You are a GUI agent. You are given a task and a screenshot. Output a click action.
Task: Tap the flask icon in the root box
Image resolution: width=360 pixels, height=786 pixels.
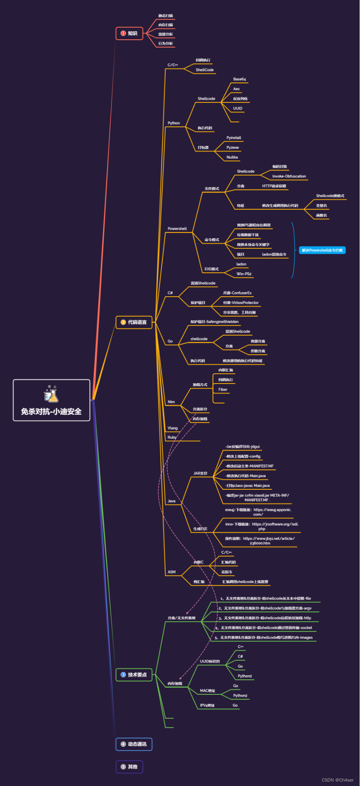coord(51,394)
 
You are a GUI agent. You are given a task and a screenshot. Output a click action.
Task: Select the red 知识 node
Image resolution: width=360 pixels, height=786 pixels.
coord(129,34)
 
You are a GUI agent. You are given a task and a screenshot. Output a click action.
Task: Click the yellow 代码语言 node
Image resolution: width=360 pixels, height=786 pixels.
coord(134,322)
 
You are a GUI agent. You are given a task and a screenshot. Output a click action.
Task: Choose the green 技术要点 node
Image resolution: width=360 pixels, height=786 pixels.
coord(134,675)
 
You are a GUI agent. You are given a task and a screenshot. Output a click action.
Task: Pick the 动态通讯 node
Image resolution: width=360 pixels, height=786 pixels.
coord(134,744)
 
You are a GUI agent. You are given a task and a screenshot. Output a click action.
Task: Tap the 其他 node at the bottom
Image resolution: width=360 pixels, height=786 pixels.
coord(129,767)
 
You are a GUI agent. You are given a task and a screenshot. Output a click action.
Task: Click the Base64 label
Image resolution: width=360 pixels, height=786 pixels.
coord(239,79)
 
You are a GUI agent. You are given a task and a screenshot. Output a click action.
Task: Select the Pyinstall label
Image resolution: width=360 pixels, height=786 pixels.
coord(234,138)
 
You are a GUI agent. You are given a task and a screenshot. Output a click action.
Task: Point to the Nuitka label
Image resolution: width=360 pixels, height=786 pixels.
coord(232,157)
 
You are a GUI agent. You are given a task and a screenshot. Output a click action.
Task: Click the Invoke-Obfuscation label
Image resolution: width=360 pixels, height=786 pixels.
coord(289,176)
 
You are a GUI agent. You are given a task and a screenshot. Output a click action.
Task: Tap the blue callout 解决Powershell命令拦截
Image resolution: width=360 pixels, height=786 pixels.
coord(322,250)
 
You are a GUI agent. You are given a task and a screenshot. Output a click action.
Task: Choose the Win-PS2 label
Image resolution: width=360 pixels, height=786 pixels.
coord(244,274)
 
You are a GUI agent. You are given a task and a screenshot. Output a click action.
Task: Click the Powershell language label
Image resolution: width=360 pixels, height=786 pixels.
coord(177,229)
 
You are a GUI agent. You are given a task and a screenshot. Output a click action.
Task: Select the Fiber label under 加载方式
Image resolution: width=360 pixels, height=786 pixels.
coord(223,389)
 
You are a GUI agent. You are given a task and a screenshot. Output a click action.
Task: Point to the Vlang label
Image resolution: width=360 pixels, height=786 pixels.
coord(172,428)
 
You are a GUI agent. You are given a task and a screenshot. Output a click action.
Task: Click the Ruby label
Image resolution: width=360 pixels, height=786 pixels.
coord(172,437)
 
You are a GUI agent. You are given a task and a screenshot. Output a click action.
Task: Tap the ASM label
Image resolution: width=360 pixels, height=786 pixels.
coord(172,572)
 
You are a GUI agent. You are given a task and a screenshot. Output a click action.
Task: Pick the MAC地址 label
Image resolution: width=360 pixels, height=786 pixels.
coord(207,691)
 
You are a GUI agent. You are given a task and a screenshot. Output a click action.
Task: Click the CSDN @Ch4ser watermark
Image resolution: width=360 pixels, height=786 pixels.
coord(337,780)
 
